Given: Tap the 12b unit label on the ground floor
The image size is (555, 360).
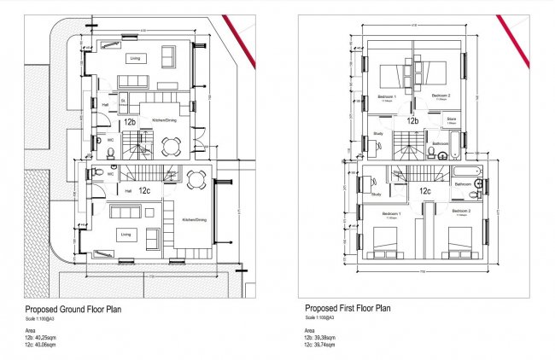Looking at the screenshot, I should click(x=130, y=122).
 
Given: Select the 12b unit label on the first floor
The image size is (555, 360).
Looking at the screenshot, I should click(x=412, y=121).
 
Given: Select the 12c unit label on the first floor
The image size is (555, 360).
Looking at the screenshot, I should click(x=425, y=191).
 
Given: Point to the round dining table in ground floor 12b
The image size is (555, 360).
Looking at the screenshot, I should click(x=172, y=146).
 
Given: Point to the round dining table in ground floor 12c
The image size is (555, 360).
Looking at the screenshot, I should click(x=196, y=179).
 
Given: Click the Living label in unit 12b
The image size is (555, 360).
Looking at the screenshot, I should click(x=135, y=59).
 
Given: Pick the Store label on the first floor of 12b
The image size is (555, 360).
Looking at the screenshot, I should click(x=452, y=119).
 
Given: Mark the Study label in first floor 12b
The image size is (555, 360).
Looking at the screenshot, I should click(x=378, y=133).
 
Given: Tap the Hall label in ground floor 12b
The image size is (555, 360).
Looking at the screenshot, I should click(x=104, y=105).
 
